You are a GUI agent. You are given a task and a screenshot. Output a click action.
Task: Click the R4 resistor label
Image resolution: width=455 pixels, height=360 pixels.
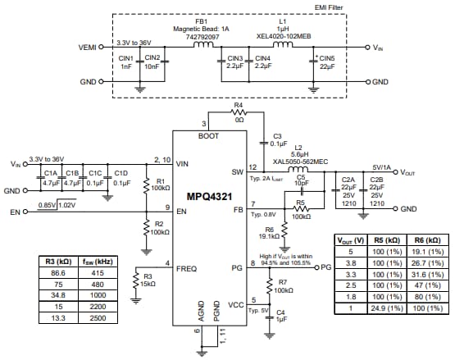tap(239, 106)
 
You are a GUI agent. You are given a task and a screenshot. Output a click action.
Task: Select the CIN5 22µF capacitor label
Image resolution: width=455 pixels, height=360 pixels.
tap(326, 63)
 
